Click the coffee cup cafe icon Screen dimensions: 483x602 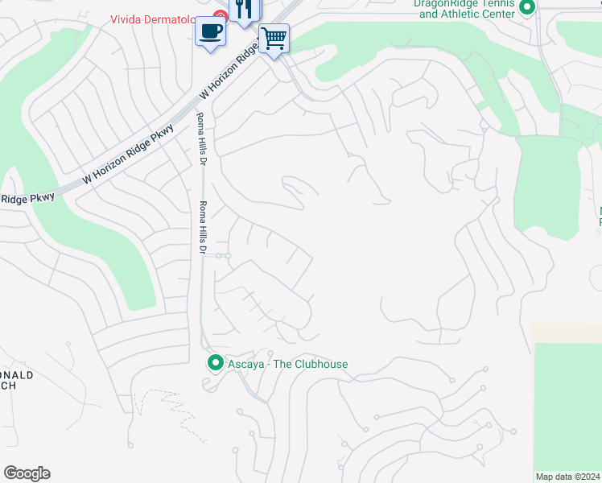click(x=210, y=32)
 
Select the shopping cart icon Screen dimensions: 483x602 click(x=274, y=38)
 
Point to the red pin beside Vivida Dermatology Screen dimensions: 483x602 click(x=220, y=16)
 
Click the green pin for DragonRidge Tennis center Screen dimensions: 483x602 click(x=527, y=8)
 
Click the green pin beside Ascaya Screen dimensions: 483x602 click(x=215, y=364)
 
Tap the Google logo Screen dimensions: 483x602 click(x=27, y=473)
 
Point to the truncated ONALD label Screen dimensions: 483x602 click(x=17, y=375)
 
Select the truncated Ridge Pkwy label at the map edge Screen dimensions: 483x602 click(x=27, y=197)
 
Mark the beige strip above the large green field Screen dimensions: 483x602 click(x=566, y=333)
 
